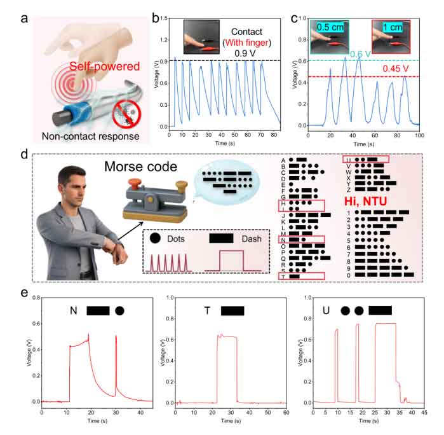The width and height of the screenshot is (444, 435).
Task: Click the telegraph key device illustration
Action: coord(153,204)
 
